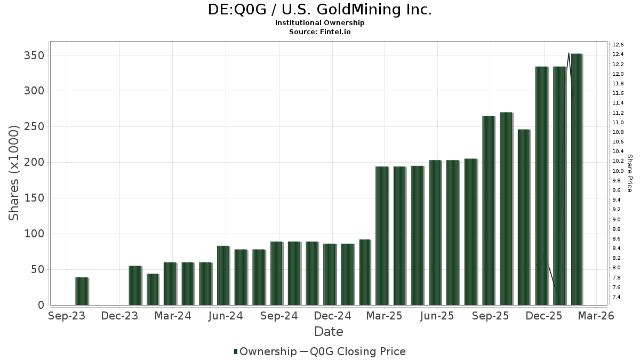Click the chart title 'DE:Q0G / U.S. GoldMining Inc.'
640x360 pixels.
click(319, 10)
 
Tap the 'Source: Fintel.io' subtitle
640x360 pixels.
click(319, 31)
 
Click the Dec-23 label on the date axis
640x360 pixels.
click(119, 316)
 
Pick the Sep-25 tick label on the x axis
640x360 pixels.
click(490, 316)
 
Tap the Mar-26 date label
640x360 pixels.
click(596, 316)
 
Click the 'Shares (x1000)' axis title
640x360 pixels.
click(14, 173)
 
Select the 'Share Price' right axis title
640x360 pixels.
click(629, 173)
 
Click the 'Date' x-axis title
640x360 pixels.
click(329, 332)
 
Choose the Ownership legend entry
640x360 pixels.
click(265, 351)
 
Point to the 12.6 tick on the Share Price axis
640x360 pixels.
click(618, 44)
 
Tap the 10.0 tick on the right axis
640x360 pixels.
click(618, 171)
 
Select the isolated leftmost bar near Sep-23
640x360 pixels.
click(82, 291)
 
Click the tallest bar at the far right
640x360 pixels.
click(577, 179)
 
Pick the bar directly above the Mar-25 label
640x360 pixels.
click(382, 236)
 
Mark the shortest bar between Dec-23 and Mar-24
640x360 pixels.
click(153, 290)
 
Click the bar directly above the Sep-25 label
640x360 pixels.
click(489, 210)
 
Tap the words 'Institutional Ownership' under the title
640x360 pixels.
click(319, 23)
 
